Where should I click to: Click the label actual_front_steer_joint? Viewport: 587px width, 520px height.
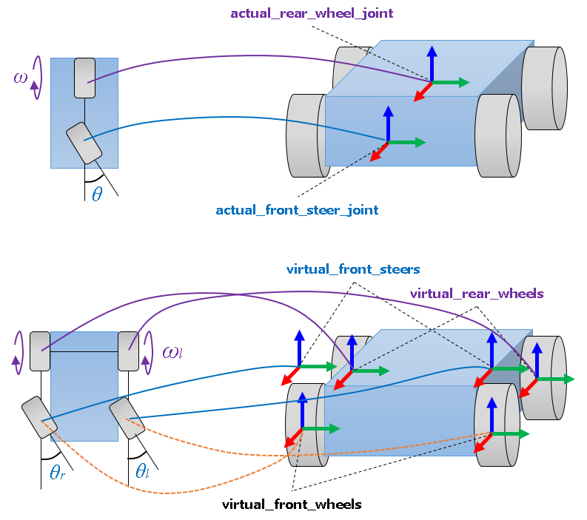point(297,210)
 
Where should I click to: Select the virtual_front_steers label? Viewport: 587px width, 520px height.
point(353,269)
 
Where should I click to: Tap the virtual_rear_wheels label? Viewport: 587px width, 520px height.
point(477,294)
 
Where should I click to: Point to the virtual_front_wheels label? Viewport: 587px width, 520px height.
point(292,504)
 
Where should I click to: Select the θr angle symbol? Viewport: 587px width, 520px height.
point(58,471)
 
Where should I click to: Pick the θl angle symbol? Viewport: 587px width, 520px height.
point(142,471)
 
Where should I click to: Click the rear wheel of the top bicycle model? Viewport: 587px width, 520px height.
point(84,78)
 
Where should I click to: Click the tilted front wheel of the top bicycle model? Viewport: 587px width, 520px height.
point(84,143)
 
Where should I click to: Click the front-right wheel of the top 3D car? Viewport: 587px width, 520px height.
point(495,135)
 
